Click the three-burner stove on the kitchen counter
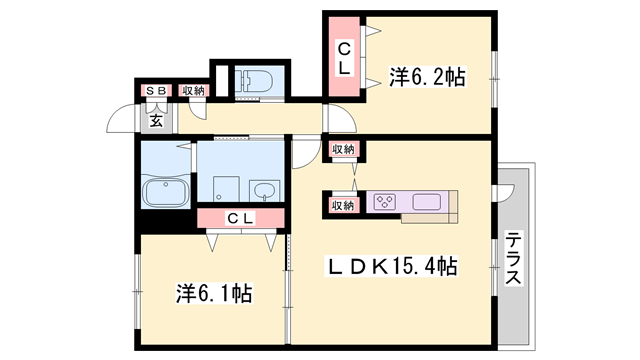coord(384,203)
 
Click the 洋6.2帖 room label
coord(427,77)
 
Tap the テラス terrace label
coord(512,260)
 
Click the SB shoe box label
coord(157,91)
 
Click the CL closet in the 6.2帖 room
coord(343,58)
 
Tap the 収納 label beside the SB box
coord(193,91)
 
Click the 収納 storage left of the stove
coord(342,206)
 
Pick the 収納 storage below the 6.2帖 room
coord(342,150)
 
